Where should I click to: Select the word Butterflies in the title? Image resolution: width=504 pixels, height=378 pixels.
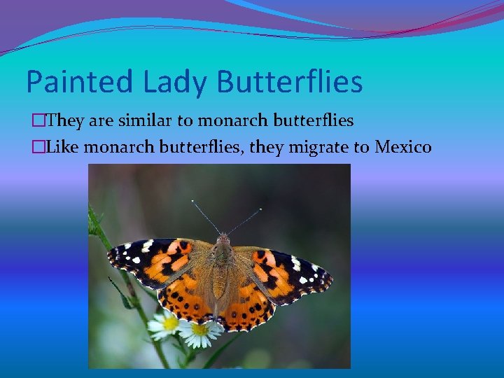[x=290, y=82]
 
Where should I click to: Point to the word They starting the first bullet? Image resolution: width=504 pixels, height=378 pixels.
[x=67, y=121]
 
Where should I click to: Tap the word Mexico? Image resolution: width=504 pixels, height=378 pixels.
[x=403, y=147]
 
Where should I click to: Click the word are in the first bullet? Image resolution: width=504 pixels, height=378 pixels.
[x=99, y=121]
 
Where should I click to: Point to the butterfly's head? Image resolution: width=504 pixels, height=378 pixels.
[x=223, y=240]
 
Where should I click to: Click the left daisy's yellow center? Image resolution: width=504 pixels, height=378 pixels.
[x=169, y=323]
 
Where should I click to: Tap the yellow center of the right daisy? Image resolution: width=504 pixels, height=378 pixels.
[x=200, y=329]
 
